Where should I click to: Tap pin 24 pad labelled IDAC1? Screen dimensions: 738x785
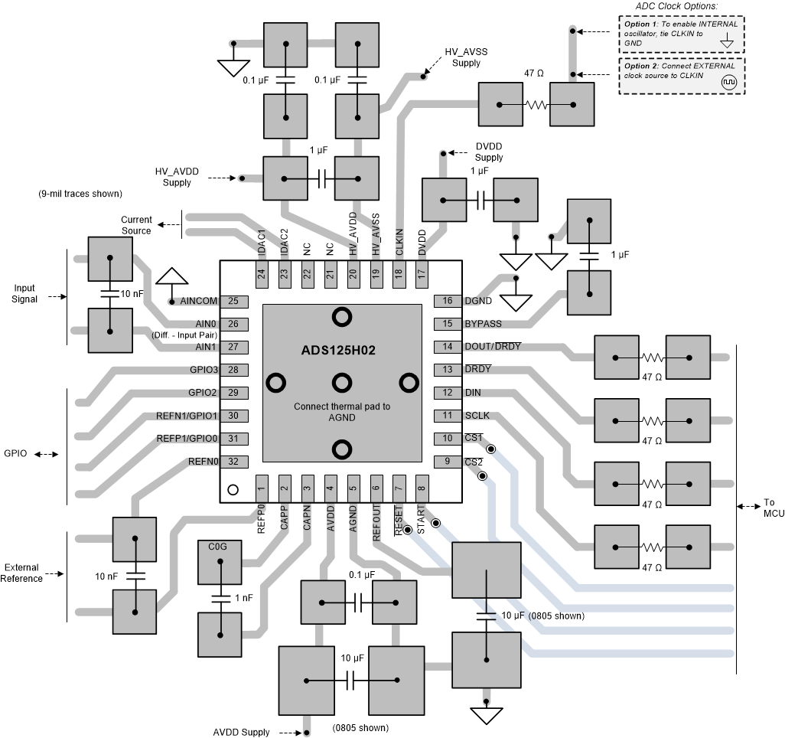tap(261, 273)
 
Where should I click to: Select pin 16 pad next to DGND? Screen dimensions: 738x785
tap(448, 301)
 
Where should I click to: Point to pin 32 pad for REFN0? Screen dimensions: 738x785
tap(233, 462)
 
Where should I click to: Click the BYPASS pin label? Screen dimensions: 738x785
tap(483, 324)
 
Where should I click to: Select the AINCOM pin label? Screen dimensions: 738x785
tap(200, 302)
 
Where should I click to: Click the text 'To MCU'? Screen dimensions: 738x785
tap(768, 509)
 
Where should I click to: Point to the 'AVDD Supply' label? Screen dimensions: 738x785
tap(241, 732)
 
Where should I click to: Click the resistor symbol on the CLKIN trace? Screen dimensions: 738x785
tap(536, 106)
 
